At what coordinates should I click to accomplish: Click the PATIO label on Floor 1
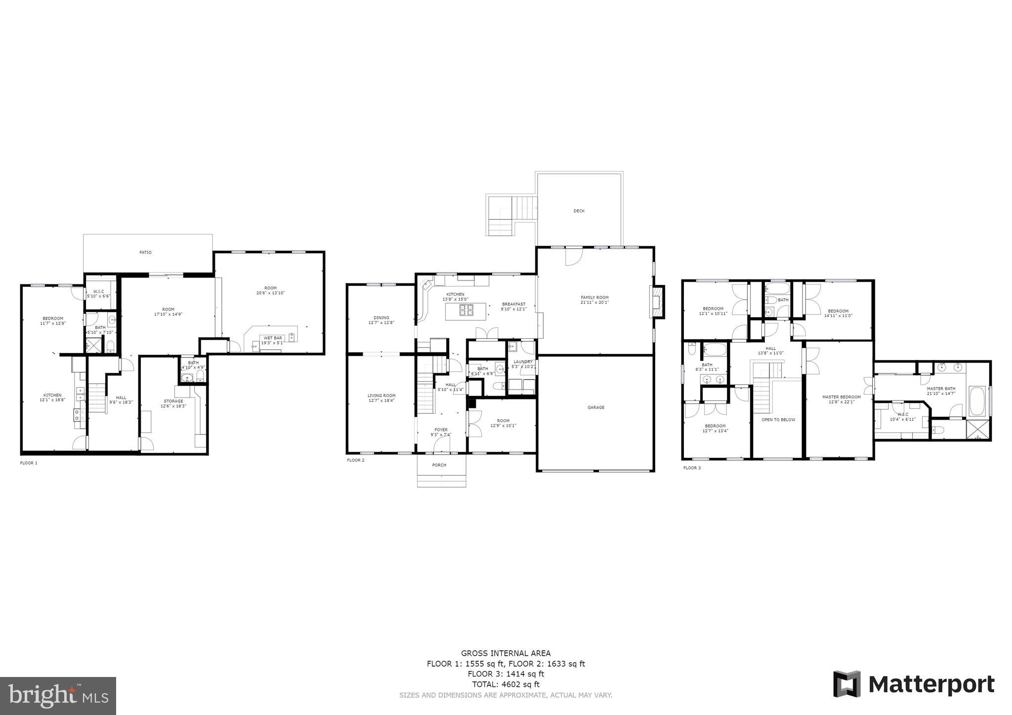click(145, 252)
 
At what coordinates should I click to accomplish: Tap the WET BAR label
click(272, 338)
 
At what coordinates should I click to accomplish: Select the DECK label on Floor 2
click(579, 211)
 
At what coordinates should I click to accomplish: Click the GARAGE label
click(595, 407)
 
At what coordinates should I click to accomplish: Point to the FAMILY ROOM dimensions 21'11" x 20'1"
click(594, 302)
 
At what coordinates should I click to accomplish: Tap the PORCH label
click(439, 465)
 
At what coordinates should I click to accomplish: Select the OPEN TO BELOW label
click(778, 420)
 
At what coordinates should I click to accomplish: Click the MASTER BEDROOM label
click(841, 397)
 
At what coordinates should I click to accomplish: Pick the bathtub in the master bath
click(976, 401)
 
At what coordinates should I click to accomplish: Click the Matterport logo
click(914, 684)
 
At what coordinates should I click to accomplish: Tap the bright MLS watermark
click(58, 695)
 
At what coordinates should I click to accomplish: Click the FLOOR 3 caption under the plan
click(691, 468)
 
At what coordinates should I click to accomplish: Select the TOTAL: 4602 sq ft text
click(506, 684)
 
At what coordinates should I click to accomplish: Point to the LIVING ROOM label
click(381, 396)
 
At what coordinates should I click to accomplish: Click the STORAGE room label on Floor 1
click(173, 401)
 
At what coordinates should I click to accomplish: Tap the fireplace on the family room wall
click(657, 302)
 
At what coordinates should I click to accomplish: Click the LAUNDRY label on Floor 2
click(523, 361)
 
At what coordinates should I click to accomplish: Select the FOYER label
click(441, 430)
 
